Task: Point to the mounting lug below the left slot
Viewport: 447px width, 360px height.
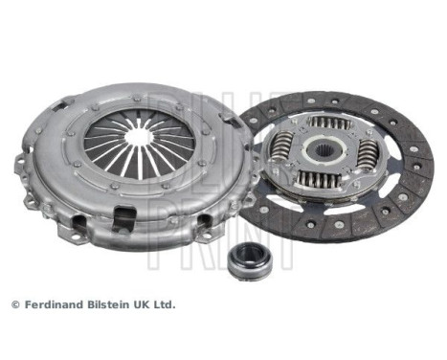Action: point(69,228)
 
